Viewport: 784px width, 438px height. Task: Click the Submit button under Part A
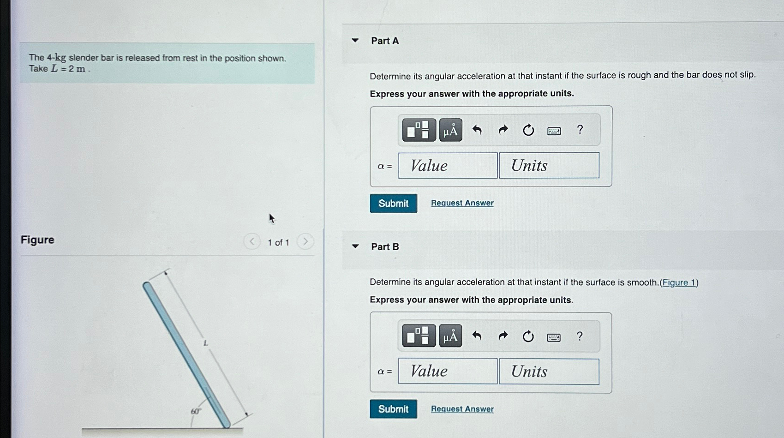(x=393, y=203)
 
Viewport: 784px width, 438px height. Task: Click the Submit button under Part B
(x=393, y=409)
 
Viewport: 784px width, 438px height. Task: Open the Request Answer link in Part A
(x=462, y=203)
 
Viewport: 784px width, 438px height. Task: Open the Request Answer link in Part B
(x=462, y=409)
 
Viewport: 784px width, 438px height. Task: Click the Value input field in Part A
(x=448, y=166)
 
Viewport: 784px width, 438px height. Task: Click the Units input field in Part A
(x=549, y=166)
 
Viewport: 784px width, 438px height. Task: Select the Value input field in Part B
(x=448, y=371)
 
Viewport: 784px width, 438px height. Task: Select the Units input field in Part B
(x=549, y=371)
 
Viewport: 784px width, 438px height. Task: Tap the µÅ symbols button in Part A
(x=450, y=131)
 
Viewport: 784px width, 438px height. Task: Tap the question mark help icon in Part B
(x=580, y=336)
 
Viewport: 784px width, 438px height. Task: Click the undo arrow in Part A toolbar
(x=477, y=130)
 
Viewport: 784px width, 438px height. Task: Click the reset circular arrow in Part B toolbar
(x=528, y=336)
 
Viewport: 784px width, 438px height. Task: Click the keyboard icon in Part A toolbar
(x=554, y=131)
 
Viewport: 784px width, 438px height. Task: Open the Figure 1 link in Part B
(x=679, y=282)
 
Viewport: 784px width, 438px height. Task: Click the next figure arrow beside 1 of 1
(x=305, y=241)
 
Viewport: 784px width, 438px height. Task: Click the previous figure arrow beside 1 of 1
(x=251, y=241)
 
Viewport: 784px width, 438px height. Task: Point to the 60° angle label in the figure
(x=196, y=411)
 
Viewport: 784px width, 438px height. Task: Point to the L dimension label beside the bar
(x=206, y=343)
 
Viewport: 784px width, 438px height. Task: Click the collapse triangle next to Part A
(x=355, y=41)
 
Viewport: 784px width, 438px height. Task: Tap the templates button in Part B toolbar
(x=419, y=336)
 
